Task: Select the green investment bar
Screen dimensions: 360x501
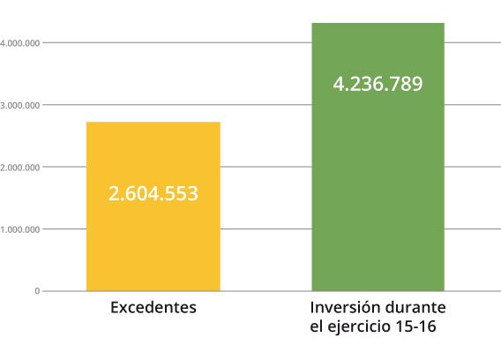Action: (378, 194)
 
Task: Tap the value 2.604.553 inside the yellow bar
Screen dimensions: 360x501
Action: (153, 193)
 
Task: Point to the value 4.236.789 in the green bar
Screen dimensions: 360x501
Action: (378, 85)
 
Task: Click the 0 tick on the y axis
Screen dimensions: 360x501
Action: (37, 291)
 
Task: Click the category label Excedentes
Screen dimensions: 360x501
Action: (153, 308)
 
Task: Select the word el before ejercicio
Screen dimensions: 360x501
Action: (318, 327)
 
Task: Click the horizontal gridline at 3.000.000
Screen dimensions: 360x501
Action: (265, 105)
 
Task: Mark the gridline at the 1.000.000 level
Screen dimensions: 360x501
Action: (265, 229)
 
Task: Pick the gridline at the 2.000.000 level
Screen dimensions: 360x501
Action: (265, 167)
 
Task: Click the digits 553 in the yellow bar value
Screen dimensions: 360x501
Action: (183, 193)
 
